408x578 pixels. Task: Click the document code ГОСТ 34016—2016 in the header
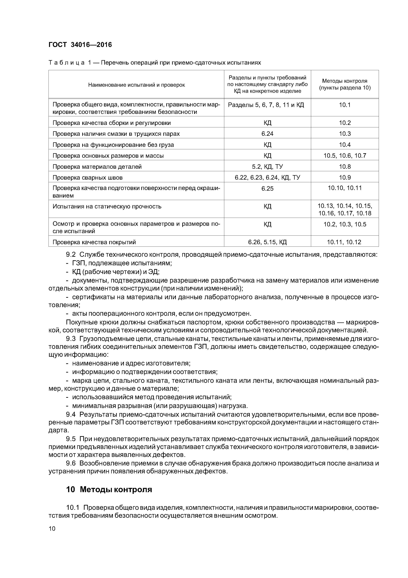click(x=80, y=45)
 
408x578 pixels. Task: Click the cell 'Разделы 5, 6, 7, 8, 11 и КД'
click(x=266, y=105)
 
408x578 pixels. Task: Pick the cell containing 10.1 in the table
click(x=345, y=105)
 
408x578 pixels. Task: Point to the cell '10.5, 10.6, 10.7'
click(x=345, y=156)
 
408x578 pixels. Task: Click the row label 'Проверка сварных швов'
click(x=88, y=178)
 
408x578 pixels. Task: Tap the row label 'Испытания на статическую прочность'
click(x=107, y=206)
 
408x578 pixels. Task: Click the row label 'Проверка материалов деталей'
click(x=97, y=167)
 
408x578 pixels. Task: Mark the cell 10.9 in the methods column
click(x=345, y=178)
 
